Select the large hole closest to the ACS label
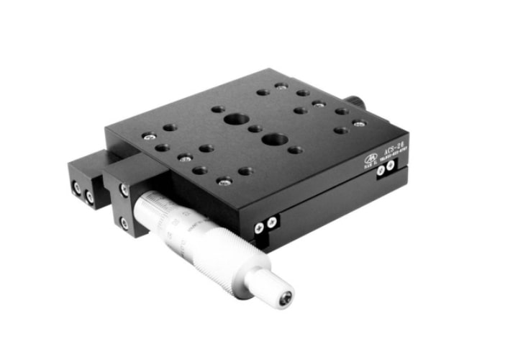pos(276,138)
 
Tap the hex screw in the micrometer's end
pos(286,295)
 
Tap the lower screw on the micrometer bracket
pos(124,223)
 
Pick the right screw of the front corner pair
pos(271,223)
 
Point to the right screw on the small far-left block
pos(90,196)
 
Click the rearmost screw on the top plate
pos(280,86)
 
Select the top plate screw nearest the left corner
pos(147,135)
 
